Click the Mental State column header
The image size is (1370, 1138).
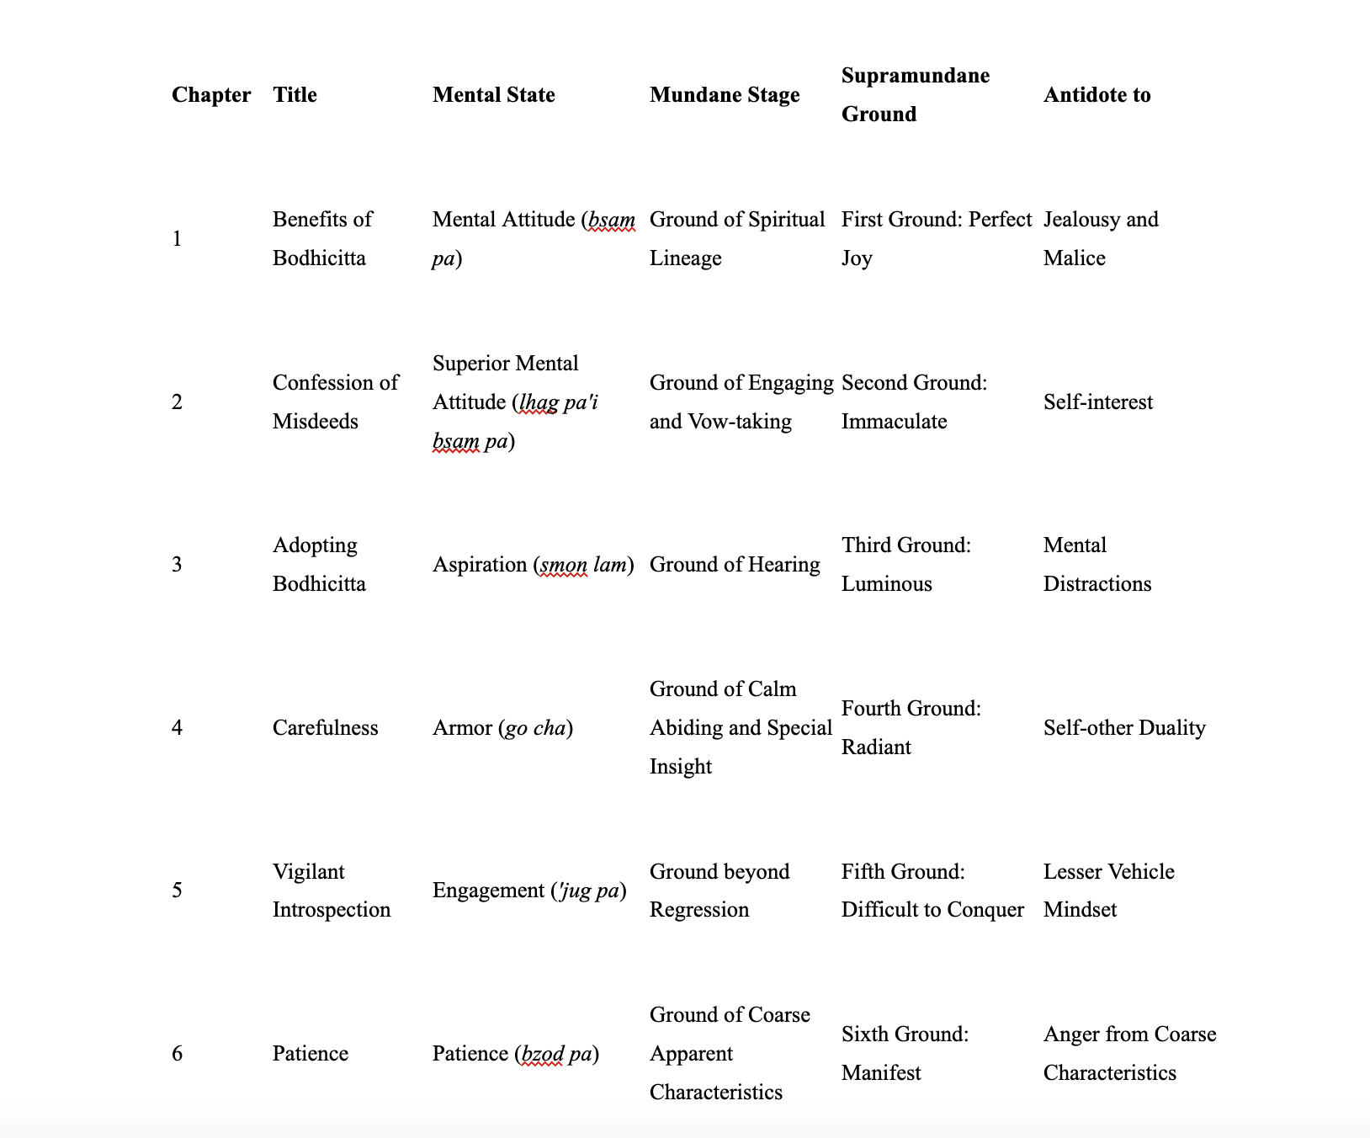tap(493, 95)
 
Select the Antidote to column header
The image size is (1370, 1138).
tap(1097, 95)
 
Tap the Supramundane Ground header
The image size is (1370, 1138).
tap(915, 94)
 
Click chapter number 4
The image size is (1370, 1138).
tap(177, 728)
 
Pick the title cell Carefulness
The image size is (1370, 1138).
tap(325, 728)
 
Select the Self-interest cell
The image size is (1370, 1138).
tap(1097, 402)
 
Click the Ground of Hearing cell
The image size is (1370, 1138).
tap(734, 565)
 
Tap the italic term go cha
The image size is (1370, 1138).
tap(535, 728)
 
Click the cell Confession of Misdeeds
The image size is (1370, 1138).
tap(335, 402)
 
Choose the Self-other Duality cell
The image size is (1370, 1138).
tap(1124, 728)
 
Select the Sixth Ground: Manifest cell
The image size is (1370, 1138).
tap(905, 1054)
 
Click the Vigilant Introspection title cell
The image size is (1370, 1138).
tap(331, 891)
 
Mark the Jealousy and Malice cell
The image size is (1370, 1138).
tap(1100, 239)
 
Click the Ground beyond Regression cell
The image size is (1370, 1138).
tap(719, 891)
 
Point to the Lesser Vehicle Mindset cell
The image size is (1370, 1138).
tap(1108, 891)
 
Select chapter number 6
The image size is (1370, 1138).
tap(177, 1054)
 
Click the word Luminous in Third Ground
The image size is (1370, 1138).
tap(886, 584)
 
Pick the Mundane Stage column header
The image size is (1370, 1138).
tap(724, 95)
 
